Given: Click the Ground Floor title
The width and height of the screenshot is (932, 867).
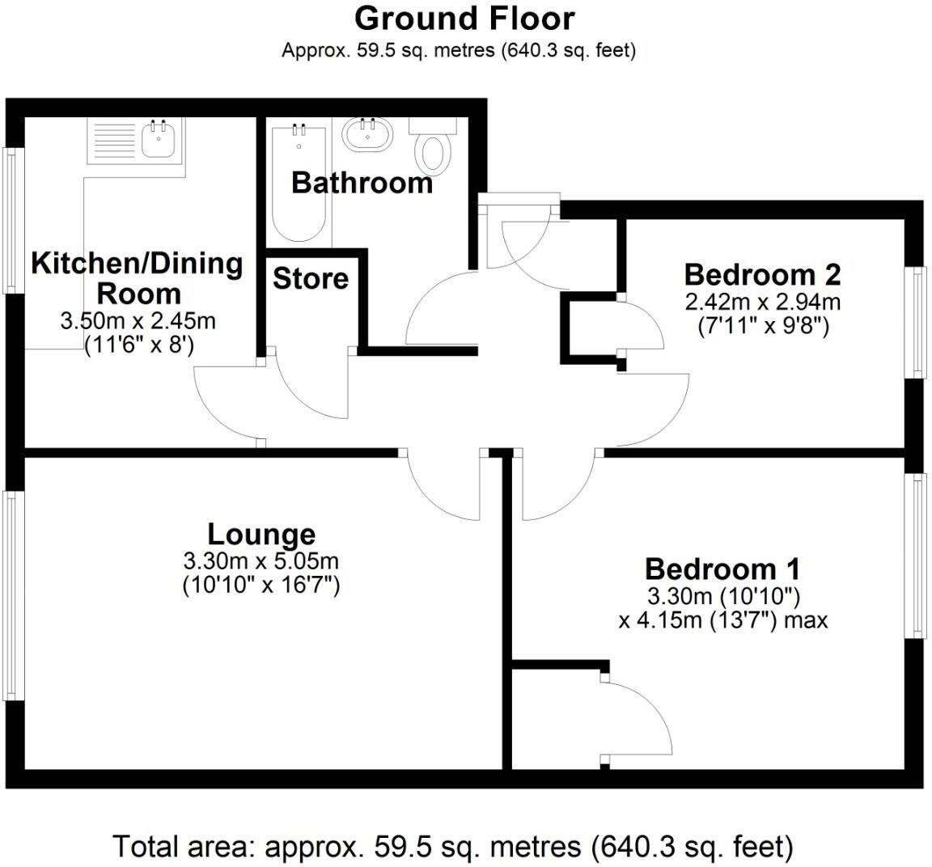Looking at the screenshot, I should tap(464, 18).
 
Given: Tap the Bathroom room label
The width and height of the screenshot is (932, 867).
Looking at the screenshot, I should tap(362, 183).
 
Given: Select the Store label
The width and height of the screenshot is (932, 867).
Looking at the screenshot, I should tap(311, 279).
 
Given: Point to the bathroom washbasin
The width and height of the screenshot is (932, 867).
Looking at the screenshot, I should tap(366, 134).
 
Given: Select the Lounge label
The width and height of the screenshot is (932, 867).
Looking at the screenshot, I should tap(261, 535).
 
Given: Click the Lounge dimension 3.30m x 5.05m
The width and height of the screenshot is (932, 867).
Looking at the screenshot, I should tap(261, 560).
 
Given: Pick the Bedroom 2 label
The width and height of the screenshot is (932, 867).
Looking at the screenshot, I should tap(762, 274).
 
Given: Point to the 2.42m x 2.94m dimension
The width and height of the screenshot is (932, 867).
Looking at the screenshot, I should tap(762, 302).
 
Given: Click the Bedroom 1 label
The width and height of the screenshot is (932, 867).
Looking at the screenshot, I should tap(722, 569).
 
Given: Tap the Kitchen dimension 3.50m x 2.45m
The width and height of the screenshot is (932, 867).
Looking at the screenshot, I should tap(138, 321).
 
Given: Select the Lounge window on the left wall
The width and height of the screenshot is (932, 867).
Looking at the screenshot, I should tap(11, 594).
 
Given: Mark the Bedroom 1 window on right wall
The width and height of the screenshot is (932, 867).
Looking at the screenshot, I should tap(918, 556).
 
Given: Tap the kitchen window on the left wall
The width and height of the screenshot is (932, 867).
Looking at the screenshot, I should tap(11, 220).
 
